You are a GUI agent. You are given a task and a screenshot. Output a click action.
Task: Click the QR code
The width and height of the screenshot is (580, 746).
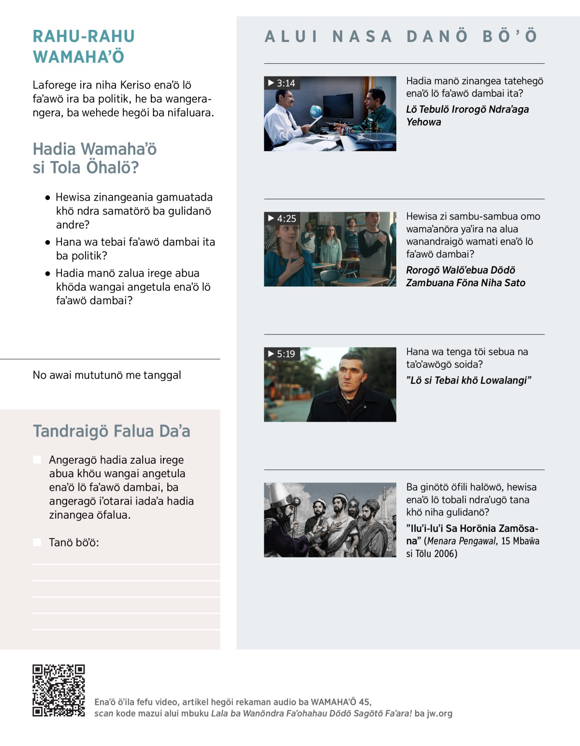tap(58, 690)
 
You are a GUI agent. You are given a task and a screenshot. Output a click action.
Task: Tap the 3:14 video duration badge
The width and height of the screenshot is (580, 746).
tap(282, 83)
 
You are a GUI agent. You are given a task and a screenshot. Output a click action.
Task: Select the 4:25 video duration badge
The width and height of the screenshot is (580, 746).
tap(282, 219)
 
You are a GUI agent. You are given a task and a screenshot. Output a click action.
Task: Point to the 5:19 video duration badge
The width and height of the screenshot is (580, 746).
tap(282, 354)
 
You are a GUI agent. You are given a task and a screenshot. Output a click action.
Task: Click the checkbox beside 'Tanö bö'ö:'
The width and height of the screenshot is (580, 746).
tap(37, 542)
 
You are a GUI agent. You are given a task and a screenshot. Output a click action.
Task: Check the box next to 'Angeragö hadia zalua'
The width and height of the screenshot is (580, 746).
tap(37, 459)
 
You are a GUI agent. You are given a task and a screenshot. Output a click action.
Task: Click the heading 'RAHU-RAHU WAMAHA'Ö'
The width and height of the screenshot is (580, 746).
tap(84, 46)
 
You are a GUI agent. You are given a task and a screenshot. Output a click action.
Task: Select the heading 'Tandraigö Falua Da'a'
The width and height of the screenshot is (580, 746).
tap(112, 431)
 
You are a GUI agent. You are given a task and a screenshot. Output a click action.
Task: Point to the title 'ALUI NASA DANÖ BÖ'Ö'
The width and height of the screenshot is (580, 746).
tap(401, 36)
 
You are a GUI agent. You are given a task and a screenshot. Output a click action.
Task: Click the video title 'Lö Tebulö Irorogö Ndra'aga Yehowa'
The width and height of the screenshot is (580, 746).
tap(467, 116)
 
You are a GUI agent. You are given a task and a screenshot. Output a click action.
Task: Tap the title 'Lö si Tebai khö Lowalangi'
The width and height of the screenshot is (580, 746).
tap(468, 380)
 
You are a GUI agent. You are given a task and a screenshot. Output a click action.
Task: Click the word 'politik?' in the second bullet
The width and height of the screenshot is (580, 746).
tap(82, 255)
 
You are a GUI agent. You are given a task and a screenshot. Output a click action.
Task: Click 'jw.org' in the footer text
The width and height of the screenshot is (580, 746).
tap(439, 713)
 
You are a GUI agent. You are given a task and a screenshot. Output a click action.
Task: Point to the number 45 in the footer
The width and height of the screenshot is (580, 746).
tap(364, 702)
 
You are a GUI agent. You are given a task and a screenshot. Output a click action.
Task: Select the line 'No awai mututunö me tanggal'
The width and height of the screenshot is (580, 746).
tap(107, 375)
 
